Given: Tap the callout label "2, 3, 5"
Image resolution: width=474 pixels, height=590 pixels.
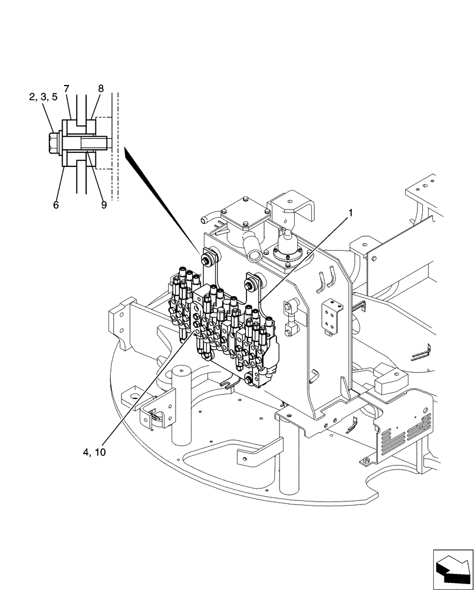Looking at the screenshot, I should tap(43, 97).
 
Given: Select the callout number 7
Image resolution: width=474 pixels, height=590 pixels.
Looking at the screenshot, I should tap(67, 88).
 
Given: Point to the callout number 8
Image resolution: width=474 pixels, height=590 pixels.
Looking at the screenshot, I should tap(101, 88).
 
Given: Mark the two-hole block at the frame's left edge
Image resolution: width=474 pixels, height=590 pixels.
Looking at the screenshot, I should tap(118, 321).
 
